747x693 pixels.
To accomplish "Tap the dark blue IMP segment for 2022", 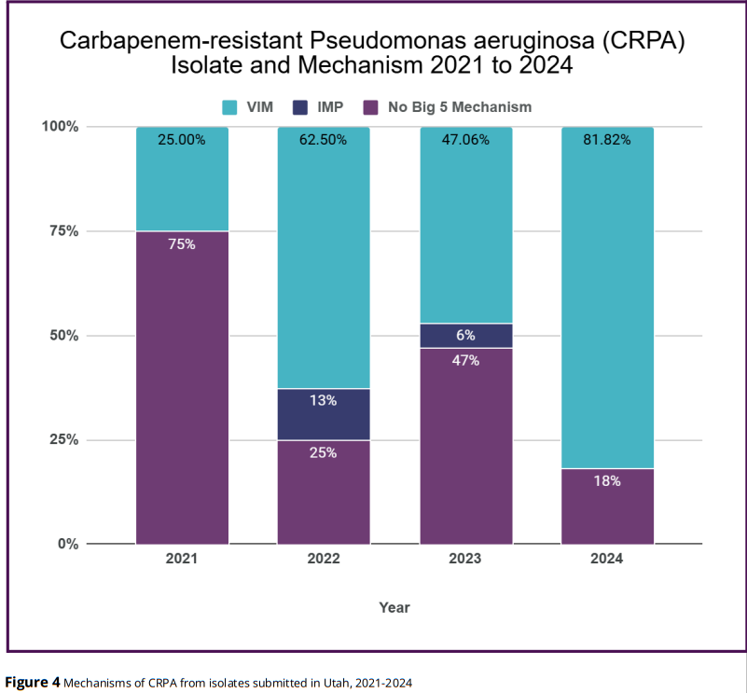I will coord(324,414).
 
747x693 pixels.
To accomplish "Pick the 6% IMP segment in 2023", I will coord(465,336).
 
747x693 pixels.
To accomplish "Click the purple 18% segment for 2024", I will coord(607,506).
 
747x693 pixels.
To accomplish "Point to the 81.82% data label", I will coord(607,140).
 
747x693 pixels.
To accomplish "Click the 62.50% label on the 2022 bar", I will coord(324,140).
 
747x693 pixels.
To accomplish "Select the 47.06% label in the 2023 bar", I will coord(465,140).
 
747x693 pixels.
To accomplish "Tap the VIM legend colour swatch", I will coord(228,106).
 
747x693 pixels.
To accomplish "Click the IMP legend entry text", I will coord(331,106).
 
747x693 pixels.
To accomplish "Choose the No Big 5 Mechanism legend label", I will coord(460,106).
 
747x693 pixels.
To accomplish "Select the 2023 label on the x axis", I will coord(465,560).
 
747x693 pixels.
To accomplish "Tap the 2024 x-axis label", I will coord(607,560).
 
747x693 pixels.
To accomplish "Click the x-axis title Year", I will coord(394,607).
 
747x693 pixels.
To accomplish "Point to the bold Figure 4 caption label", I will coord(34,683).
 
